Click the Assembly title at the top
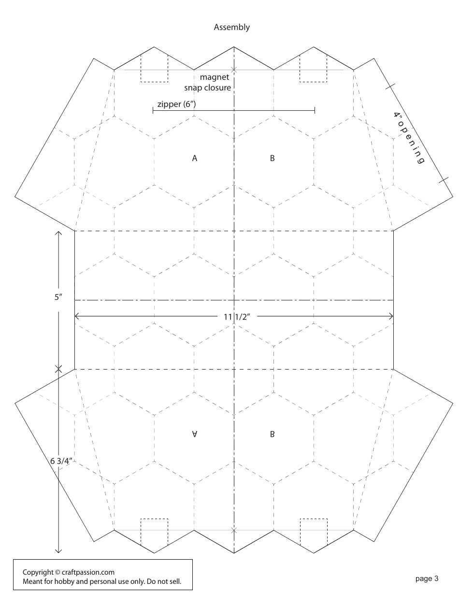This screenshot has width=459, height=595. (232, 27)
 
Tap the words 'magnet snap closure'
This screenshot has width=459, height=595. (208, 82)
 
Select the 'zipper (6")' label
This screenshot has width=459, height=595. (176, 104)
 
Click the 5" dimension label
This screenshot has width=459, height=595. (58, 297)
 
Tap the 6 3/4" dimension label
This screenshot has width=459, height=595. (60, 461)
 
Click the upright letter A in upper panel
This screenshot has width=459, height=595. (195, 158)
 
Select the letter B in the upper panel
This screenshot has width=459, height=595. (273, 158)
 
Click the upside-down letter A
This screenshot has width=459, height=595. (195, 434)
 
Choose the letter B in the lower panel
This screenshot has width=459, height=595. (273, 434)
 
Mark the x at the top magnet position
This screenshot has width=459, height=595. (234, 70)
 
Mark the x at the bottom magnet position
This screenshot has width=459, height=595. (234, 531)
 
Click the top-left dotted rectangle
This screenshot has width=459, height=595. (154, 68)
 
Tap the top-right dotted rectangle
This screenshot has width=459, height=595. (314, 68)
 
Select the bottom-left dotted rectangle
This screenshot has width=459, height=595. (154, 532)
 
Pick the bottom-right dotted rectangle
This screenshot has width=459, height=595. (314, 532)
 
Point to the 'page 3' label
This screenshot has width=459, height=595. (427, 578)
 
